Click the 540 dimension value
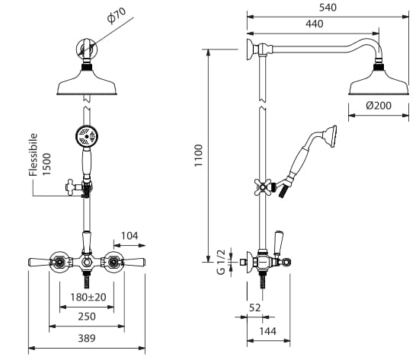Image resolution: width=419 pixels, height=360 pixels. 328,8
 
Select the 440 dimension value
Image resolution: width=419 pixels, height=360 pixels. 315,24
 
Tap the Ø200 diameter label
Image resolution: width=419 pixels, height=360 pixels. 379,106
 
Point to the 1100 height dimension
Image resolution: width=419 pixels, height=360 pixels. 199,155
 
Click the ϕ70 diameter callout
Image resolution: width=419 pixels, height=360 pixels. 117,15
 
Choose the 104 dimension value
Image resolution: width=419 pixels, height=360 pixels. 130,236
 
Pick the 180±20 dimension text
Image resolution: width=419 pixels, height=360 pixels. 88,297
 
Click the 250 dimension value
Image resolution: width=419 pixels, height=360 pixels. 87,317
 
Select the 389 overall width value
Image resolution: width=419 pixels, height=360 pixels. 87,339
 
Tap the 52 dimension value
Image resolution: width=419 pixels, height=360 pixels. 254,308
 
